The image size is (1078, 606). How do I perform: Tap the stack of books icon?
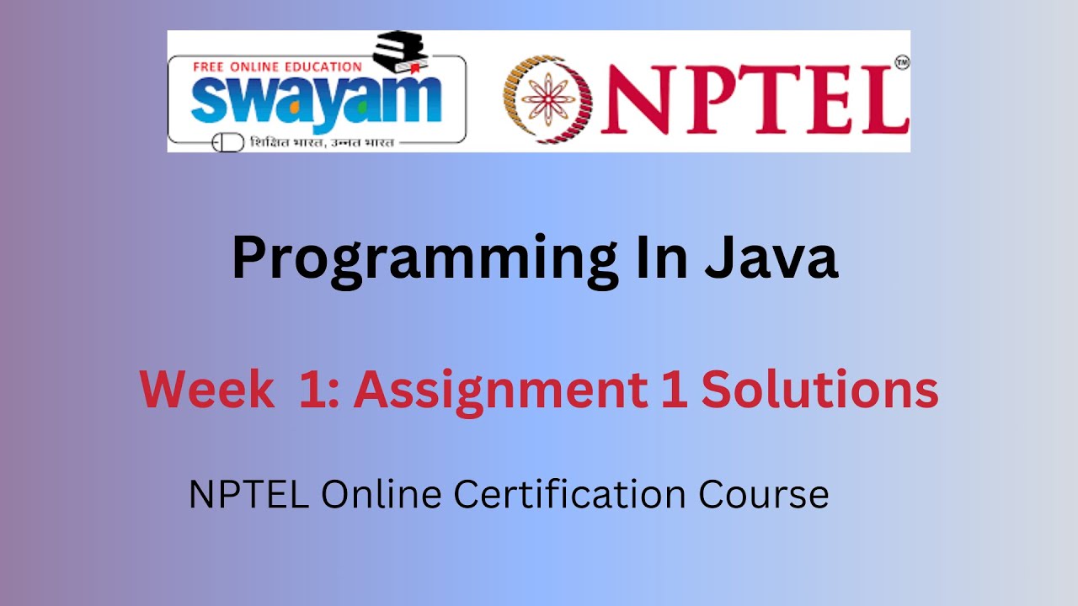(x=401, y=53)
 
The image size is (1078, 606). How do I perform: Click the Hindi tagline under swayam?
(x=321, y=142)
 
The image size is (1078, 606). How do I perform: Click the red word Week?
(x=206, y=390)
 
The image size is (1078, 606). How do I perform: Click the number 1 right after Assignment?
(x=673, y=390)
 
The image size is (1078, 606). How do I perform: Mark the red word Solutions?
(x=819, y=390)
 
